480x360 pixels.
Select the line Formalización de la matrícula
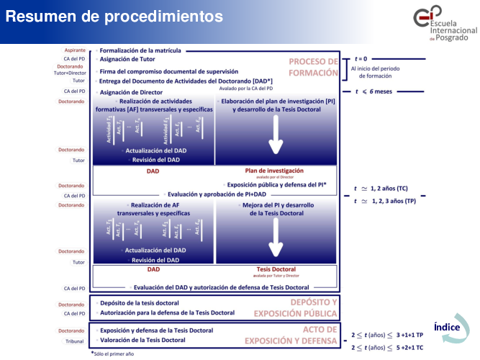coord(140,51)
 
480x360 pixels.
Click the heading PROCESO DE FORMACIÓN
coord(313,67)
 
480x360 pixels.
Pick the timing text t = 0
coord(361,58)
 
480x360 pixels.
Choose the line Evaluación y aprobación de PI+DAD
coord(216,194)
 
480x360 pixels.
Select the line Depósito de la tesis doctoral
coord(140,303)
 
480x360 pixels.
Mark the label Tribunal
coord(74,341)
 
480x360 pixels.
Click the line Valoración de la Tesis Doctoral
coord(142,340)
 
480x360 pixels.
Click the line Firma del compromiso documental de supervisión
coord(169,72)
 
